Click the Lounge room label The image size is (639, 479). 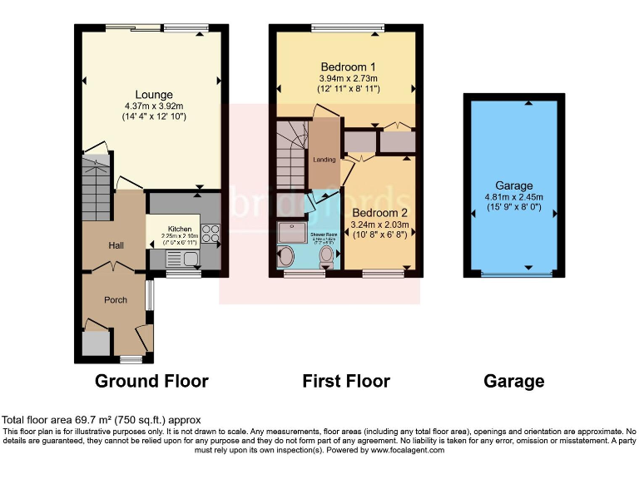click(x=155, y=95)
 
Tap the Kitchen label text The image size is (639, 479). click(x=180, y=229)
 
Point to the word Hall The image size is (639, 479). click(x=116, y=246)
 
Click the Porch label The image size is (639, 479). click(x=116, y=299)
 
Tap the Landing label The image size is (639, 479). click(x=324, y=160)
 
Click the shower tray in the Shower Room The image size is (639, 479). click(x=291, y=231)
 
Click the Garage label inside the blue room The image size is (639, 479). click(x=513, y=185)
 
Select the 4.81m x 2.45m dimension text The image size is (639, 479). click(x=513, y=197)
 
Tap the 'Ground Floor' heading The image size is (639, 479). click(x=151, y=382)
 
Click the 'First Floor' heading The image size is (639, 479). click(x=346, y=382)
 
